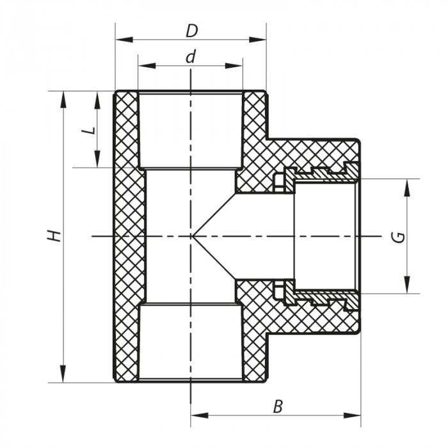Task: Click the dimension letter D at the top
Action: [x=190, y=29]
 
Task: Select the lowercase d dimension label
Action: [x=190, y=56]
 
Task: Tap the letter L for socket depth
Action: [x=89, y=130]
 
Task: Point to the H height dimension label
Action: [x=56, y=235]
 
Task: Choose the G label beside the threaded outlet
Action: [x=398, y=236]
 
